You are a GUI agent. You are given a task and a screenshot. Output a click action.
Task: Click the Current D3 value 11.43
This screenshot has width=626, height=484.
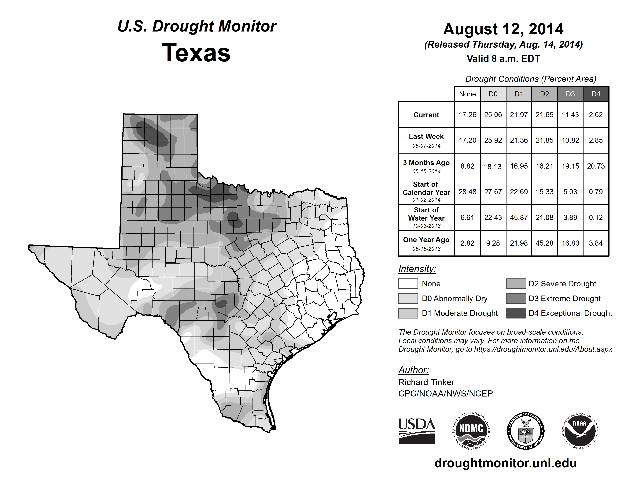click(570, 115)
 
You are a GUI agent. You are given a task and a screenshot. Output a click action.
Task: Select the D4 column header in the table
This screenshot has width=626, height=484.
click(596, 94)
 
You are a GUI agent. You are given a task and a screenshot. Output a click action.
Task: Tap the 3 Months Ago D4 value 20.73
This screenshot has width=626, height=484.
click(596, 166)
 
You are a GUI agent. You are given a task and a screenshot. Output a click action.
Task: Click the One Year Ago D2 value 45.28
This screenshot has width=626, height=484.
click(544, 243)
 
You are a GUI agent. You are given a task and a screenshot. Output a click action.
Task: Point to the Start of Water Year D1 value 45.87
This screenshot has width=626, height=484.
click(519, 218)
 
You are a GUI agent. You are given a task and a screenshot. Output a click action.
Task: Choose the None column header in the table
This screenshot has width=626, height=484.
click(467, 94)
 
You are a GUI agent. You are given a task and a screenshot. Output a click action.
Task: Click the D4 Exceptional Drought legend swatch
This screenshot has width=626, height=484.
click(516, 313)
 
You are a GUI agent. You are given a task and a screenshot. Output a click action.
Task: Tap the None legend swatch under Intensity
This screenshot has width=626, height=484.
click(408, 284)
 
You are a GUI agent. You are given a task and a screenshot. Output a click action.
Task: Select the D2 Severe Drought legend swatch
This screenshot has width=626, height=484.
click(516, 284)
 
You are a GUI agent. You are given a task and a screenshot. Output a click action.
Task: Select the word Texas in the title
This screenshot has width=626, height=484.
click(196, 53)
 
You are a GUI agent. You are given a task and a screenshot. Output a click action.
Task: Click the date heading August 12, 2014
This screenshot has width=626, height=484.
click(503, 29)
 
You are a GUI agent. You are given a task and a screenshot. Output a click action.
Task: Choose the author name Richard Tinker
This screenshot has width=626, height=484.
click(426, 382)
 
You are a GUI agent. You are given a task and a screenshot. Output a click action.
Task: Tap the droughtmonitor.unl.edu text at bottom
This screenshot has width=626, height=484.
click(506, 463)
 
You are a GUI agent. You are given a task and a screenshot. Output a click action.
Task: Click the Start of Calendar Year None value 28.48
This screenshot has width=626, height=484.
click(467, 192)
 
